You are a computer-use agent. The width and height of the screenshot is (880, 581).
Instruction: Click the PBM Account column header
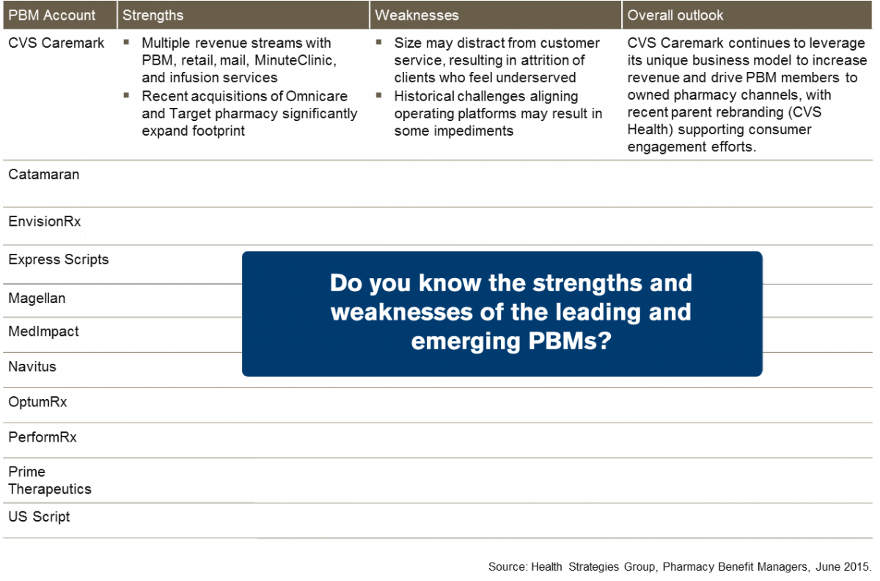click(51, 15)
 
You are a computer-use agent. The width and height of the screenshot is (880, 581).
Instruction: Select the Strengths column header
click(153, 15)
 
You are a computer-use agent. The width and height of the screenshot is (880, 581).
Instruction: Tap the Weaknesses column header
click(417, 15)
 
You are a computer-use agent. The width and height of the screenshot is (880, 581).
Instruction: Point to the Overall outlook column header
click(675, 15)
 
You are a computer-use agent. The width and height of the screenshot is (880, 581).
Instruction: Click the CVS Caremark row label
click(56, 43)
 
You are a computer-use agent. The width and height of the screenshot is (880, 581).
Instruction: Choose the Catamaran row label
click(43, 174)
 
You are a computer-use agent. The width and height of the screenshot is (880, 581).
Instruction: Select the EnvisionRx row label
click(45, 222)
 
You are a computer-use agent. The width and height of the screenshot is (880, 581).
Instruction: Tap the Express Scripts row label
click(58, 260)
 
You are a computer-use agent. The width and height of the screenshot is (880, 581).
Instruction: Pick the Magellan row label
click(37, 299)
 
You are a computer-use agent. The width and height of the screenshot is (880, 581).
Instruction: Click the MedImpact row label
click(43, 332)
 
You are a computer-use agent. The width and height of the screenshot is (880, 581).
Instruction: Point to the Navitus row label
click(32, 367)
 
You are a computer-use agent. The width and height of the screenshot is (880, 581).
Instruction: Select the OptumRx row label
click(37, 402)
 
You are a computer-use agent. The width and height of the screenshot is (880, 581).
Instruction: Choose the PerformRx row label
click(43, 437)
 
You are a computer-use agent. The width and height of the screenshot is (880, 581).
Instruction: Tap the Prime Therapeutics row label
click(50, 480)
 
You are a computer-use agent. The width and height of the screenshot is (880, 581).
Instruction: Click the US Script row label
click(39, 516)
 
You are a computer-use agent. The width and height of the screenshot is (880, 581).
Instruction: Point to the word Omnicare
click(317, 96)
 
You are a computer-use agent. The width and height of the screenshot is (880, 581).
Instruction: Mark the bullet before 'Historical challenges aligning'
click(378, 95)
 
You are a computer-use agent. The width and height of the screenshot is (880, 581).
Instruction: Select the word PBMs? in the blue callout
click(570, 340)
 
